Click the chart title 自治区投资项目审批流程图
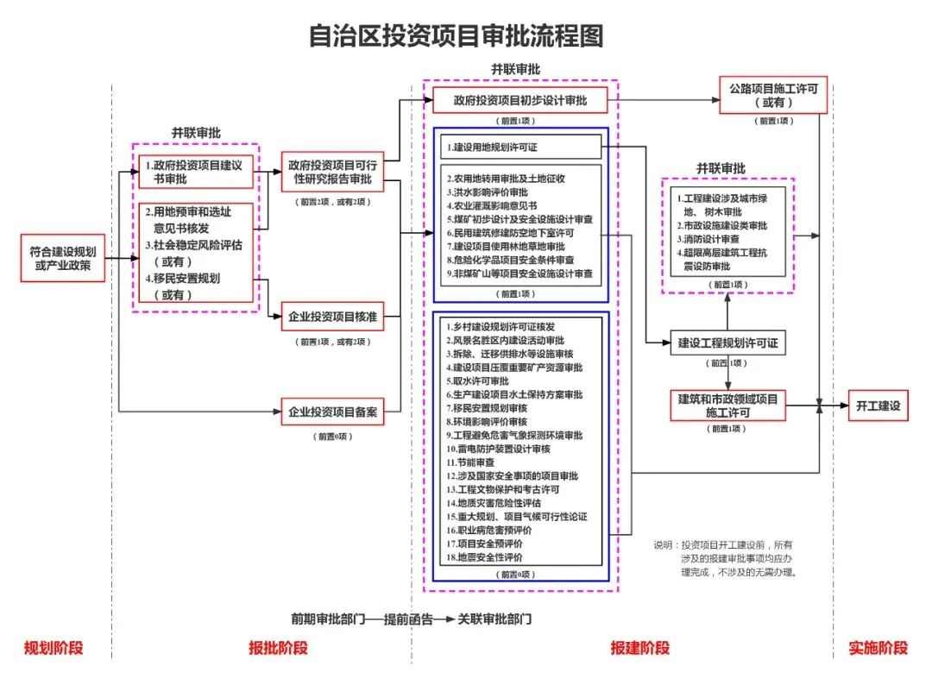(x=456, y=36)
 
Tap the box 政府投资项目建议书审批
(x=197, y=171)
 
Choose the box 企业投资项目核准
(x=332, y=317)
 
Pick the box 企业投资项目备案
(x=332, y=412)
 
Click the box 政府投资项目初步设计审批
(x=520, y=101)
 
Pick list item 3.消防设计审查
(x=708, y=239)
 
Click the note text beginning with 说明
(x=725, y=557)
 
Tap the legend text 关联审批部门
(x=495, y=619)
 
